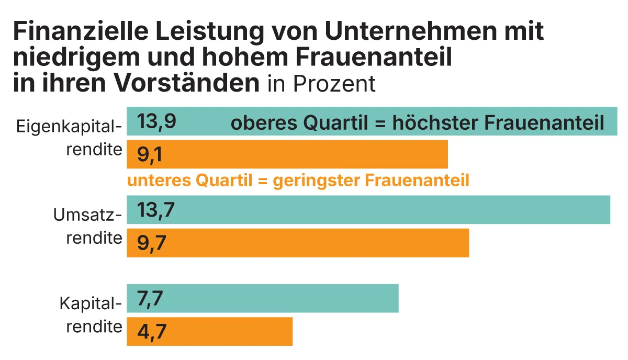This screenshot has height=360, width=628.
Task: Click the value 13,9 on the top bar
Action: click(156, 122)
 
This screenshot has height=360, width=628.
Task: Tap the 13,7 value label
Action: click(155, 210)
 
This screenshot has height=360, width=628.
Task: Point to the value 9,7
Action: click(152, 243)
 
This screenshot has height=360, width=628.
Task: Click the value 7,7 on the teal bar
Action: click(150, 299)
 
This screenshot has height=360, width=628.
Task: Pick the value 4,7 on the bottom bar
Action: click(152, 332)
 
